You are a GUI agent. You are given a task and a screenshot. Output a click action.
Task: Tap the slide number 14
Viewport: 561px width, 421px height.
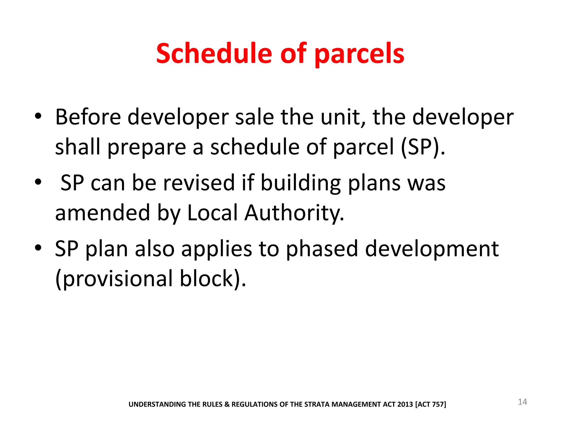(522, 402)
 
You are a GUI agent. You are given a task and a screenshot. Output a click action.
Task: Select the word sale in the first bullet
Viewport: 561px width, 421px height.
(254, 117)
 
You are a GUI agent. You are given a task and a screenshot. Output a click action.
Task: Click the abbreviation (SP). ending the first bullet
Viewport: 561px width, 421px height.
(423, 147)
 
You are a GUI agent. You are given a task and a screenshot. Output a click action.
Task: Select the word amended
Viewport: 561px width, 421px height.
(102, 213)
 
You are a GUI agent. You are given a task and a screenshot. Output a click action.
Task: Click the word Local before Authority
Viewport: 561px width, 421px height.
(212, 213)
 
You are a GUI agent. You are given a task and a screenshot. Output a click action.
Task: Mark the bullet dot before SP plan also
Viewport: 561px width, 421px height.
(38, 248)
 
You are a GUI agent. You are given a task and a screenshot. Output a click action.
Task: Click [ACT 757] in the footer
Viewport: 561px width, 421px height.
(431, 404)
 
